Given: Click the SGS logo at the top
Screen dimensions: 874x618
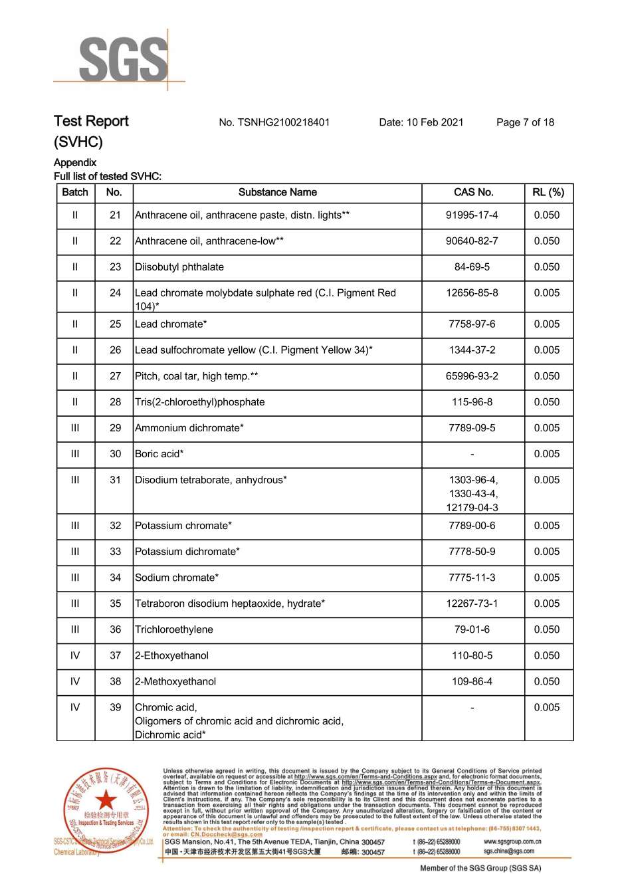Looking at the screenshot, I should click(x=123, y=60).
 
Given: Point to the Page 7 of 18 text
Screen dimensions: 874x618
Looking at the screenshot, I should click(x=525, y=122).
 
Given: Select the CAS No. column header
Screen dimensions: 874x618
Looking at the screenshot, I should click(x=473, y=193).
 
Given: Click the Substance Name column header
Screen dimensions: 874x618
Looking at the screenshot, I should click(x=277, y=193).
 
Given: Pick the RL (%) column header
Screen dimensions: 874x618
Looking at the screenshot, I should click(x=548, y=193).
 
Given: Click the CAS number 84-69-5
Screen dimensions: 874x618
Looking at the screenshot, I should click(x=472, y=267).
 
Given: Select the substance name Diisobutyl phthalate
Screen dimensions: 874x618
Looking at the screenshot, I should click(x=179, y=267).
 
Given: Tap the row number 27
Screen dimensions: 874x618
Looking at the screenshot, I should click(x=115, y=376).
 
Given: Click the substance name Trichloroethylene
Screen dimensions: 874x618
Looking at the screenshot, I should click(x=174, y=629).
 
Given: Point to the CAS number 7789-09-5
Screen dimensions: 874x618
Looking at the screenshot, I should click(x=472, y=428).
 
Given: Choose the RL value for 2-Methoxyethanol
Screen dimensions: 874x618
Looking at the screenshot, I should click(x=547, y=681).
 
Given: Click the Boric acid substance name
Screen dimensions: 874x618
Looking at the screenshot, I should click(x=159, y=454).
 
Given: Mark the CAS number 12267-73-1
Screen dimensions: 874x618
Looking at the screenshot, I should click(x=472, y=603).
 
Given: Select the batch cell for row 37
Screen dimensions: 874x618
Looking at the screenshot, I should click(x=75, y=655).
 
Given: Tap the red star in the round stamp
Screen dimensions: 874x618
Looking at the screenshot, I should click(x=105, y=801).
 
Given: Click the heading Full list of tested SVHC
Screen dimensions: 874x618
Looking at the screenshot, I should click(x=108, y=177).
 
